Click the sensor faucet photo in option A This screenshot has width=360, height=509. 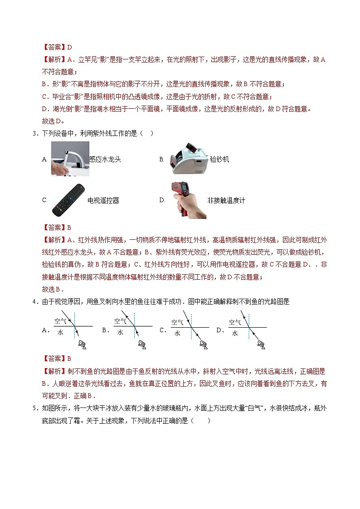coord(70,159)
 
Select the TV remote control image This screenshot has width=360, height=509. coord(68,200)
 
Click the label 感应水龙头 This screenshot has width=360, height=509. coord(105,159)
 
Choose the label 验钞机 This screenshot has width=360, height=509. coord(220,159)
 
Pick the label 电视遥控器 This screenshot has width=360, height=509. coord(103,200)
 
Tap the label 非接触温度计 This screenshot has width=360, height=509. coord(226,200)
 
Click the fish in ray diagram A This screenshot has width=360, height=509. coord(83,345)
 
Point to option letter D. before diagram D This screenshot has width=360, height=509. coord(220,330)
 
